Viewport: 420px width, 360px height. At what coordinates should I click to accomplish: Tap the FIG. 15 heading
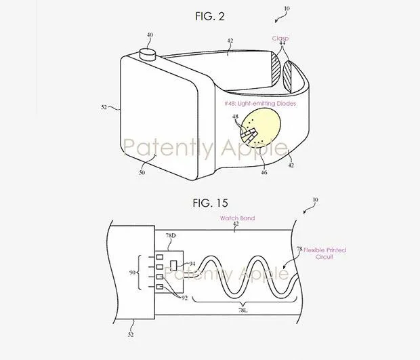point(209,203)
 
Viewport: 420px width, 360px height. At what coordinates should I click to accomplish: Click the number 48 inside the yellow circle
point(235,118)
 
